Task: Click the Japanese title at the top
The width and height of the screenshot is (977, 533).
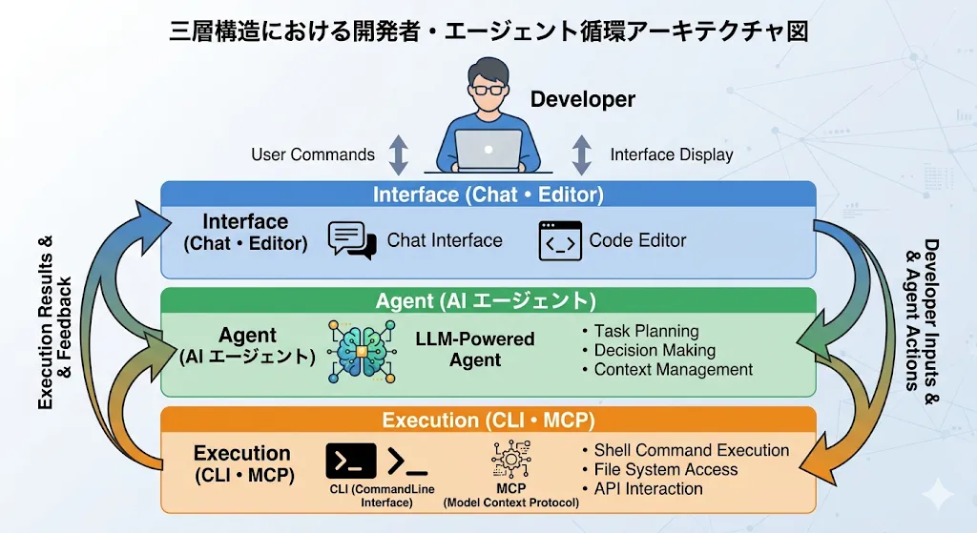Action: click(x=488, y=31)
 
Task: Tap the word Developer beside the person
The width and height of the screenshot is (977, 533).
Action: click(x=582, y=99)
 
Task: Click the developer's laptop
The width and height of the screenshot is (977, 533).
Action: click(x=488, y=151)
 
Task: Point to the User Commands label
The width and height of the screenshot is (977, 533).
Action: click(x=313, y=154)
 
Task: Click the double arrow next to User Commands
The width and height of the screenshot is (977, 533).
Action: click(x=398, y=154)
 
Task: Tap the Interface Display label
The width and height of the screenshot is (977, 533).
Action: click(x=672, y=154)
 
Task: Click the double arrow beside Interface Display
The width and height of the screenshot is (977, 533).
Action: click(x=581, y=154)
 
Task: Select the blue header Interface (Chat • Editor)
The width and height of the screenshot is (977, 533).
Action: click(x=488, y=195)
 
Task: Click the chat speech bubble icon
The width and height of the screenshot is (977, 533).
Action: click(x=351, y=240)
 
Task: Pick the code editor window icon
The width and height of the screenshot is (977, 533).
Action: click(x=558, y=240)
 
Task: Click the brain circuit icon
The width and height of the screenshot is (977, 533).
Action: click(x=361, y=352)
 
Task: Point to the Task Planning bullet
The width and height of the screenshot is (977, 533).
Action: click(x=646, y=331)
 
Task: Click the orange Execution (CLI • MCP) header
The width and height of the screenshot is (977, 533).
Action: click(x=488, y=420)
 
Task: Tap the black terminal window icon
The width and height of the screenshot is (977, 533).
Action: click(x=350, y=461)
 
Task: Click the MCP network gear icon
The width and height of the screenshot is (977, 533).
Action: click(x=510, y=460)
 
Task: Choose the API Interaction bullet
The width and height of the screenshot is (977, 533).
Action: click(x=648, y=489)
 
